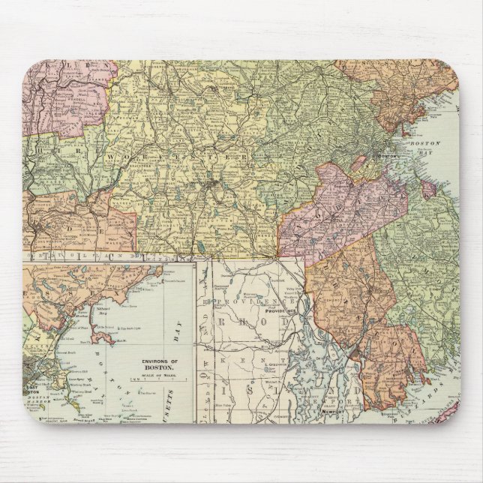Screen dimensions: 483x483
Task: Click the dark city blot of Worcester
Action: pyautogui.click(x=214, y=182)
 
